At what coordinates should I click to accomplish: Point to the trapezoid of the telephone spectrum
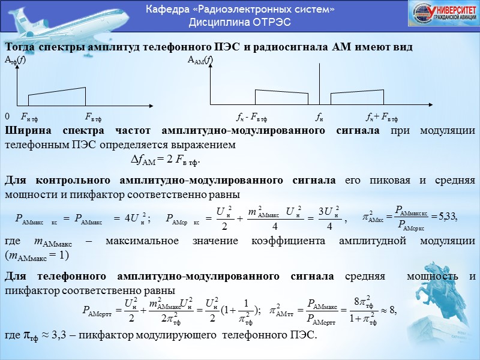pyautogui.click(x=57, y=96)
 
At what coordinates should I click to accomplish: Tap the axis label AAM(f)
pyautogui.click(x=200, y=60)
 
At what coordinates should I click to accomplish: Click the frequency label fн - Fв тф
pyautogui.click(x=253, y=117)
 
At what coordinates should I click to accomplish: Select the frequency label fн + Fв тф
pyautogui.click(x=382, y=117)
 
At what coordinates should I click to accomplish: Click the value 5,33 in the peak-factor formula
pyautogui.click(x=447, y=218)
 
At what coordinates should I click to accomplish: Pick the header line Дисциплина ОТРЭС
pyautogui.click(x=240, y=22)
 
